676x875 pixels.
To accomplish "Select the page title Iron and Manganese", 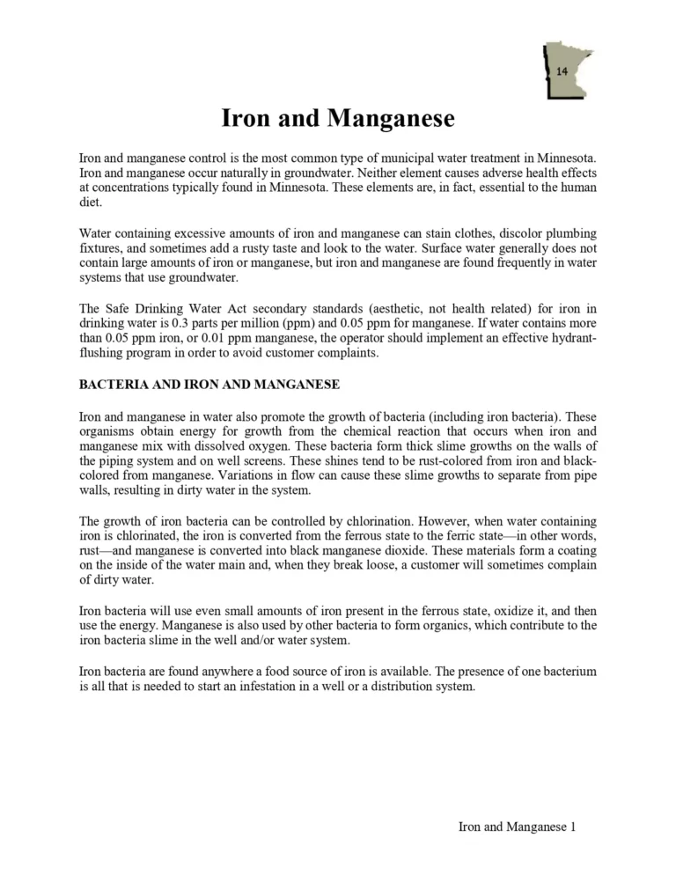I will click(x=337, y=119).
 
